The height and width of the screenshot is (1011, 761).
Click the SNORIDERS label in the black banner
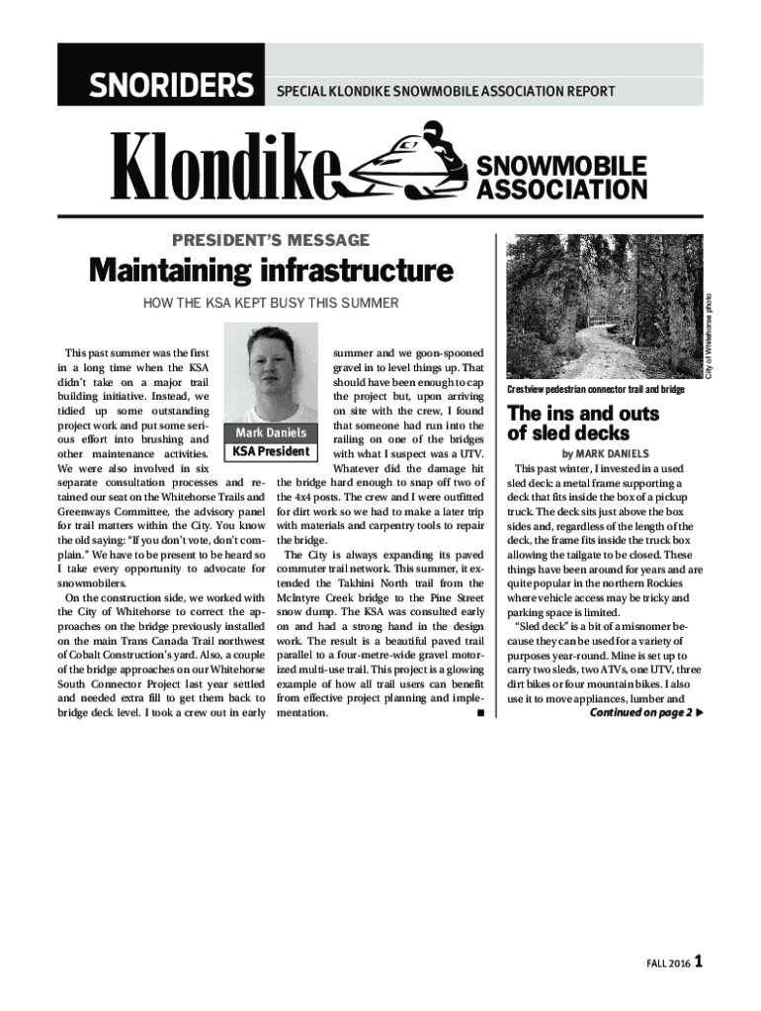171,88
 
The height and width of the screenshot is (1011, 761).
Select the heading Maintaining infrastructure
271,270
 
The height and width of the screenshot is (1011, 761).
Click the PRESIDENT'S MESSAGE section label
272,240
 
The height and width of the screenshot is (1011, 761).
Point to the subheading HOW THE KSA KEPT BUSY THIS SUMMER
272,302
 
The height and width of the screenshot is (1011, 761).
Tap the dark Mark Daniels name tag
271,432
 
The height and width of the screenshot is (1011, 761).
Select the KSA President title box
271,452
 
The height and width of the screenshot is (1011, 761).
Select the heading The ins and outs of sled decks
569,424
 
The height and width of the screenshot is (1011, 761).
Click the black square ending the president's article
478,712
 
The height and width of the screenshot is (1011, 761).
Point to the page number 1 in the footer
699,961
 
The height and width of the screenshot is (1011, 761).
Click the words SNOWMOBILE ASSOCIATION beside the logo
562,177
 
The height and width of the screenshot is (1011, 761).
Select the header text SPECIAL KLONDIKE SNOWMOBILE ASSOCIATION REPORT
446,92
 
